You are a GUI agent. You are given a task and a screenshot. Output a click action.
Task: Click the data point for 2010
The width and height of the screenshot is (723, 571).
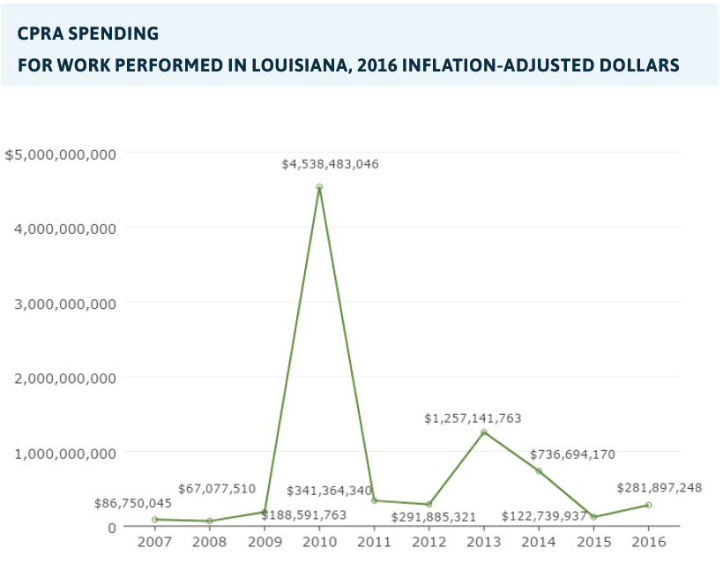tap(319, 187)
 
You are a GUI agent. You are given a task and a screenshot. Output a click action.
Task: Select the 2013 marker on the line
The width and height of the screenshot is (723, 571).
tap(484, 432)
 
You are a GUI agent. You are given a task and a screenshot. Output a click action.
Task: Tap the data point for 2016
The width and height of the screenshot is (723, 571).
tap(648, 505)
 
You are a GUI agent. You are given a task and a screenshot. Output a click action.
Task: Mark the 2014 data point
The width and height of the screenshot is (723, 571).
tap(539, 471)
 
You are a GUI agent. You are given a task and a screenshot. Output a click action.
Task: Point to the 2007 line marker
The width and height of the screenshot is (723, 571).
tap(154, 520)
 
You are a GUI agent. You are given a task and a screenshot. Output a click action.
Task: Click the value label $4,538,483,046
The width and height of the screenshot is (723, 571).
tap(331, 164)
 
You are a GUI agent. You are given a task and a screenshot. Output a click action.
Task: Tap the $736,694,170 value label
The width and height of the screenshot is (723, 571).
tap(572, 455)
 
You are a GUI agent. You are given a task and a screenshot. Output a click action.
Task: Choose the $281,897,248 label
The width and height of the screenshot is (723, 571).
tap(660, 487)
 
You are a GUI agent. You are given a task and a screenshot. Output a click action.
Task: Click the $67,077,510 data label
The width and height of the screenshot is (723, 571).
tap(217, 488)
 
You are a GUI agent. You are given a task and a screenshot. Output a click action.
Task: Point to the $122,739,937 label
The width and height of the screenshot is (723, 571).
tap(544, 515)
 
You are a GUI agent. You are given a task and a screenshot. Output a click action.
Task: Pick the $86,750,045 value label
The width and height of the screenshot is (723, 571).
tap(133, 503)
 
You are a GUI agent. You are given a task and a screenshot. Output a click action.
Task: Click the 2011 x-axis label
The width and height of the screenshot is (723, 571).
tap(374, 542)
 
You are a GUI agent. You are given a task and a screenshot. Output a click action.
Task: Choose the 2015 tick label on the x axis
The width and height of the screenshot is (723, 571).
tap(593, 542)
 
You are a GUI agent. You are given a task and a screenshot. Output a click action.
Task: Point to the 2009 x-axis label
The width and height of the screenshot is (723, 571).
tap(265, 542)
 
